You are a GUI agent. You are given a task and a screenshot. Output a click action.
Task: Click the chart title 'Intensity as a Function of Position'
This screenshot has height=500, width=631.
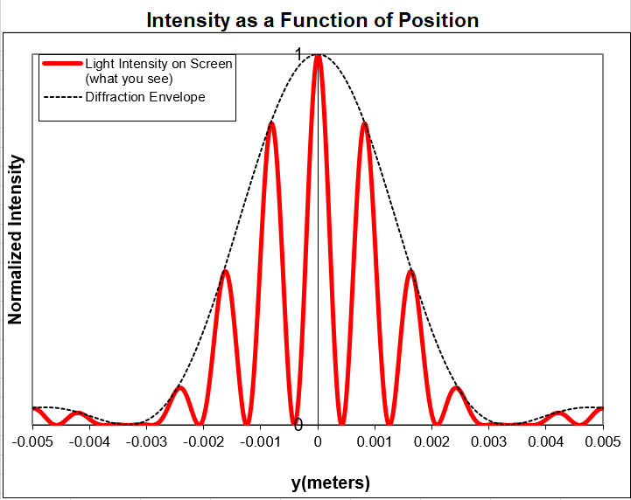(312, 20)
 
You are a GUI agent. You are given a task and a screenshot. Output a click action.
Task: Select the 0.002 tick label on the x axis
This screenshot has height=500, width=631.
(432, 441)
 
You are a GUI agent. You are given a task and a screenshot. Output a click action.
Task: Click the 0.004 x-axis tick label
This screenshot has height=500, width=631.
(546, 441)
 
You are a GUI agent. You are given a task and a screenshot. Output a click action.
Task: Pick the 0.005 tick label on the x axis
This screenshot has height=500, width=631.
(603, 441)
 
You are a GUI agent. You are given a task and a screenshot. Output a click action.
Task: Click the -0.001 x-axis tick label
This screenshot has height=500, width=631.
(260, 441)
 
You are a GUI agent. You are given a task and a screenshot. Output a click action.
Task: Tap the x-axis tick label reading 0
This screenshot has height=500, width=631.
(318, 441)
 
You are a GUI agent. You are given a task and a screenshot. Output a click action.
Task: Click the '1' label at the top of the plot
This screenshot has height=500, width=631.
(298, 55)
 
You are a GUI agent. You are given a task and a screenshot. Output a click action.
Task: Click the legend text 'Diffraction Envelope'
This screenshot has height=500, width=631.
(145, 97)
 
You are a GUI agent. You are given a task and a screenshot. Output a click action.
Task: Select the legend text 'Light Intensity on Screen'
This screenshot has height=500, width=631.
(158, 64)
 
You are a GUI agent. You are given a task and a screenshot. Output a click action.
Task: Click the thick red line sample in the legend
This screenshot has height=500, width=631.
(62, 64)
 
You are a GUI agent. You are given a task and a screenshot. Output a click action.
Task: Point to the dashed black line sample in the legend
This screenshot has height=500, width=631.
(62, 97)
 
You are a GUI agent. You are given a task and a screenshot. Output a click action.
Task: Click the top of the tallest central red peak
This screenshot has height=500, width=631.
(318, 56)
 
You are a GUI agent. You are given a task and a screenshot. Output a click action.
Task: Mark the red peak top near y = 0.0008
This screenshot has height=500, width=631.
(364, 124)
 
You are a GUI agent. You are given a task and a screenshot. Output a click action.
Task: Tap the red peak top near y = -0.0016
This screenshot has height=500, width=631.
(226, 272)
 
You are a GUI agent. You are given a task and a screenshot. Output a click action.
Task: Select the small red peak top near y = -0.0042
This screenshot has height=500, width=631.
(77, 413)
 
